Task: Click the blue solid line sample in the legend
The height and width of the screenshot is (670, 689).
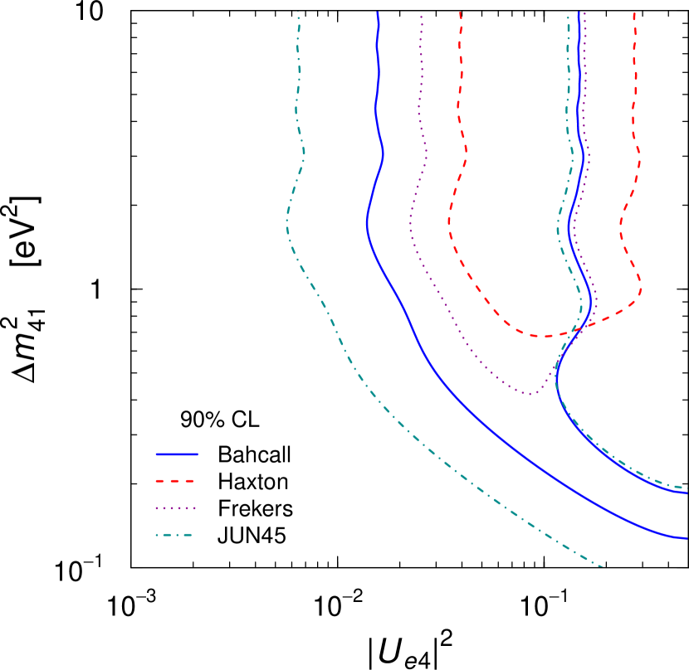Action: [x=177, y=454]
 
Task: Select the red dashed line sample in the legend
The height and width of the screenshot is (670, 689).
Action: [x=175, y=481]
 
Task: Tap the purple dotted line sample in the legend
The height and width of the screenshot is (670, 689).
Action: [x=175, y=508]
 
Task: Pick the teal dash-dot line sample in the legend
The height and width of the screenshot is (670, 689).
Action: [x=174, y=535]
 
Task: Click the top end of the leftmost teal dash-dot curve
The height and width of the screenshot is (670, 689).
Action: [x=298, y=12]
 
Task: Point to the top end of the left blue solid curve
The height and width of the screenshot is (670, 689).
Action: [x=378, y=12]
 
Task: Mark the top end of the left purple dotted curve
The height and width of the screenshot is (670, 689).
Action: [x=421, y=16]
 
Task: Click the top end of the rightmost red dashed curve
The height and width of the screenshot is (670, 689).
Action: [x=634, y=12]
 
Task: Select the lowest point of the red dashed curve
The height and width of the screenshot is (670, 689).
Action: [x=544, y=337]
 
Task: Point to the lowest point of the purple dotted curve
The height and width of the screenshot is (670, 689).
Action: [x=530, y=394]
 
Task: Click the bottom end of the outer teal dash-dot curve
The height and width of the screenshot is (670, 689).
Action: [x=602, y=567]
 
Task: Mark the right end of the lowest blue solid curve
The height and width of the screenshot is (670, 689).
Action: [x=687, y=538]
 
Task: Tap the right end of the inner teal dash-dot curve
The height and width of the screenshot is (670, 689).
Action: [x=685, y=488]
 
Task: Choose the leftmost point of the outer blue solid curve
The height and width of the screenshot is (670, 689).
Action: [x=367, y=222]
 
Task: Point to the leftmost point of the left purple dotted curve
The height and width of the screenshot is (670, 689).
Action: [x=410, y=222]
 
